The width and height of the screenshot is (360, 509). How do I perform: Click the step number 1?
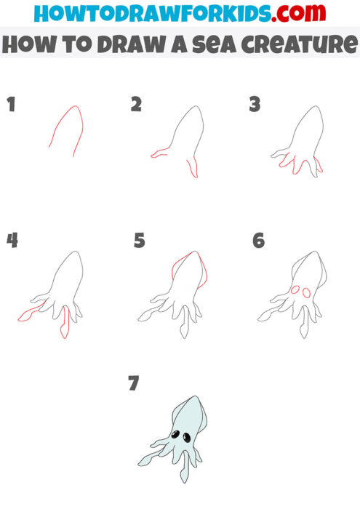pos(11,105)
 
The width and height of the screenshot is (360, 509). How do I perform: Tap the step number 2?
pos(136,105)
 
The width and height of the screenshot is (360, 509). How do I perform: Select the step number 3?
pos(255,105)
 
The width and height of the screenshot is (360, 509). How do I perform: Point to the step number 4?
pos(12,241)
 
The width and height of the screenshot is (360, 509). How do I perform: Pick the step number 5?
pos(140,241)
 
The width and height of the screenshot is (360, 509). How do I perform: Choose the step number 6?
pos(259,241)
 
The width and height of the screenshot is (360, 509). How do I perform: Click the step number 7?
pos(133,383)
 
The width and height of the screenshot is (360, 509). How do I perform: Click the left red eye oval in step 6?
pos(295,290)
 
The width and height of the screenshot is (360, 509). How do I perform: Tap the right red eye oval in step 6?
pos(306,293)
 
